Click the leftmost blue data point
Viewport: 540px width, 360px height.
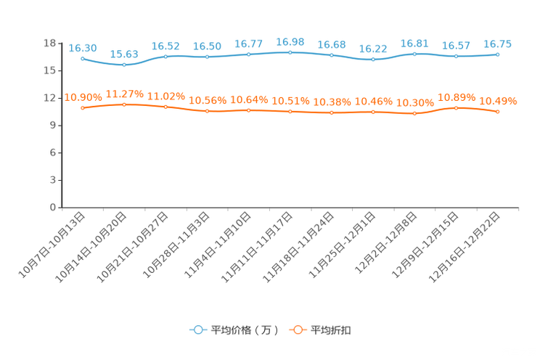click(x=83, y=59)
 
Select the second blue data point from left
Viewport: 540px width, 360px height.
click(x=124, y=65)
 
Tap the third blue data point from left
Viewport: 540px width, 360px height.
click(x=165, y=57)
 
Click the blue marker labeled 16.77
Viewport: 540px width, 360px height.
click(x=248, y=54)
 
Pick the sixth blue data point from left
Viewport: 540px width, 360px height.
click(x=290, y=52)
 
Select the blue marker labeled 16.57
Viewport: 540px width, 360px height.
click(x=456, y=56)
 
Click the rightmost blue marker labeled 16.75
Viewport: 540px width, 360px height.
click(x=497, y=54)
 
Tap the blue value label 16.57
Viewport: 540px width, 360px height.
click(x=456, y=46)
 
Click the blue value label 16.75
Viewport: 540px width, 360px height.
click(x=497, y=44)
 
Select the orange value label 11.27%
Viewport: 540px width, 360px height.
click(x=124, y=94)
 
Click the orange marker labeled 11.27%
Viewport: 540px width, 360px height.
click(x=124, y=105)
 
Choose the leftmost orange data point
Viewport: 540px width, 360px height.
click(x=83, y=108)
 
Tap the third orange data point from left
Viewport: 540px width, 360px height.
click(x=165, y=107)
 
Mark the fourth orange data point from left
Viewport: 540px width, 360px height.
click(x=207, y=111)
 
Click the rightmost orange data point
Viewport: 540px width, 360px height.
click(x=497, y=112)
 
